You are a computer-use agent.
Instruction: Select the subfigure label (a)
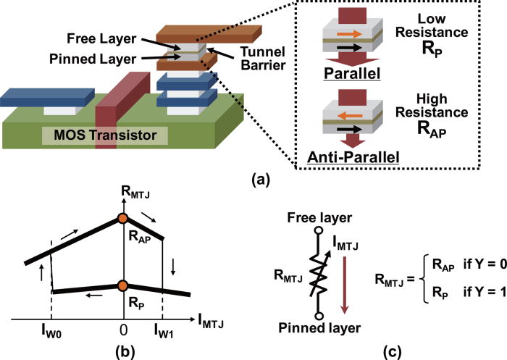[253, 177]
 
